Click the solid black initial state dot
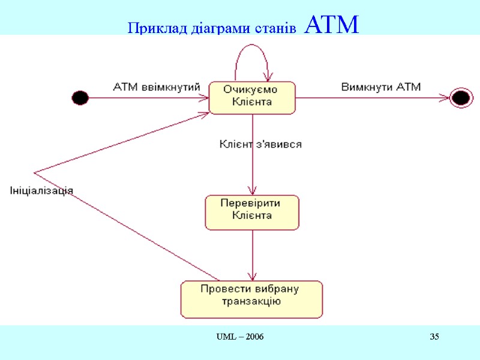pyautogui.click(x=80, y=97)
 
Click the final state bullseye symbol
pyautogui.click(x=460, y=98)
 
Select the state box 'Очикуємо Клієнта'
pyautogui.click(x=252, y=97)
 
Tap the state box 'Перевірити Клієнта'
pyautogui.click(x=252, y=212)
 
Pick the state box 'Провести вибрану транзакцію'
pyautogui.click(x=251, y=299)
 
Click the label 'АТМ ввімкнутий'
pyautogui.click(x=156, y=87)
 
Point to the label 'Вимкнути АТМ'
pyautogui.click(x=381, y=87)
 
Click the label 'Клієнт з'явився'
pyautogui.click(x=260, y=145)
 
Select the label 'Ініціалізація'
pyautogui.click(x=41, y=190)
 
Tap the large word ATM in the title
pyautogui.click(x=331, y=25)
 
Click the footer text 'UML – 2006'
pyautogui.click(x=240, y=337)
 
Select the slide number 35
pyautogui.click(x=434, y=337)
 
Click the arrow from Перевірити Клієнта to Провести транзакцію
pyautogui.click(x=252, y=255)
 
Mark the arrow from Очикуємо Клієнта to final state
pyautogui.click(x=372, y=98)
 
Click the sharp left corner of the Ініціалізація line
pyautogui.click(x=35, y=173)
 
